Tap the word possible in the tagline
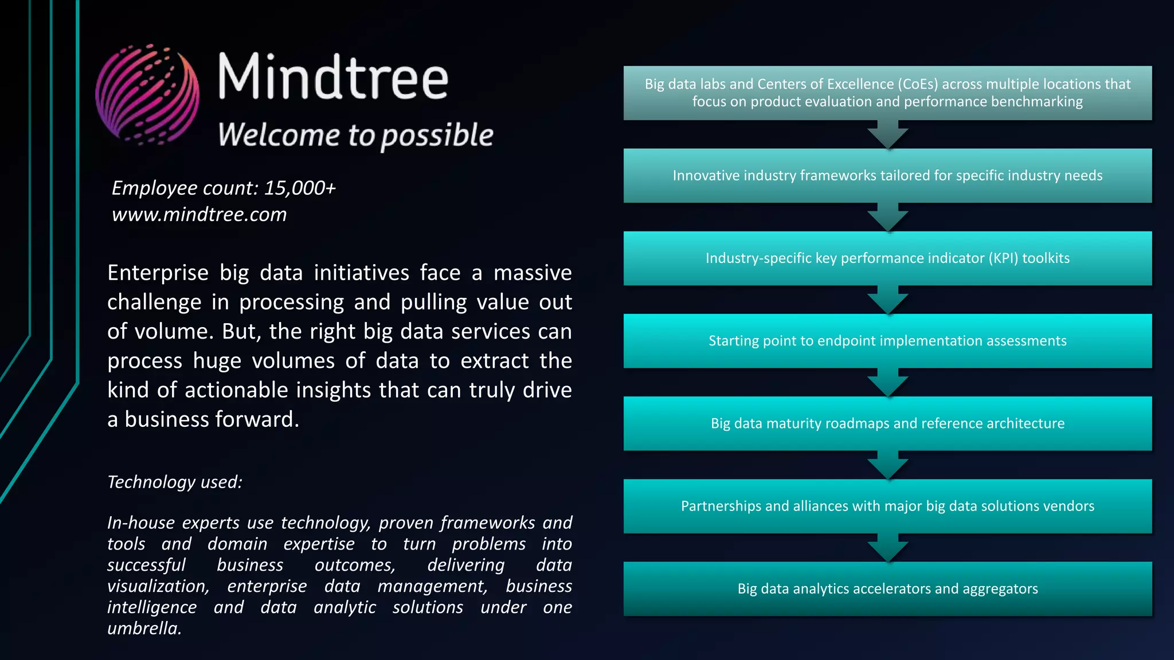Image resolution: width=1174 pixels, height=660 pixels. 437,136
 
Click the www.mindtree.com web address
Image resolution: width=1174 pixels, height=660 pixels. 199,214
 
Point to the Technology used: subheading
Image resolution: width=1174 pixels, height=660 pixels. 175,482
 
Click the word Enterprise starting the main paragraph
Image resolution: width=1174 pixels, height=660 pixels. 158,273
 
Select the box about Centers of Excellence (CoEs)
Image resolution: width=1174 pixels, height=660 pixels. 887,93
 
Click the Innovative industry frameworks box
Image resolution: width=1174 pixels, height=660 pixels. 887,175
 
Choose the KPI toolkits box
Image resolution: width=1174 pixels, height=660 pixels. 887,258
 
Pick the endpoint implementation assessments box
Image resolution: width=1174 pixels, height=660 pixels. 887,341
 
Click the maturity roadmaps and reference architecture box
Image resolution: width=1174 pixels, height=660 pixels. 887,423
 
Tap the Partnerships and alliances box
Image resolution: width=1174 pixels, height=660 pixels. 887,506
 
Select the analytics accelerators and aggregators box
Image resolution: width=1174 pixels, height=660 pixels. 887,589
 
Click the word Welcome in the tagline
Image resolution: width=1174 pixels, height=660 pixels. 279,135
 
